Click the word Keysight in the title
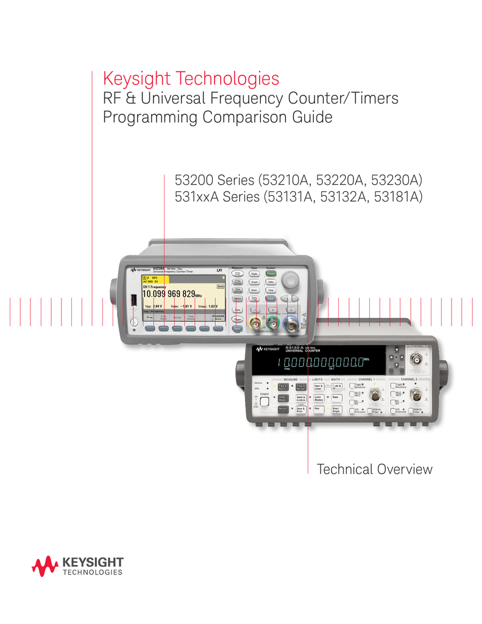point(138,79)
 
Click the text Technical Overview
point(374,469)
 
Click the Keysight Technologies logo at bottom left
point(77,566)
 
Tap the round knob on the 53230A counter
point(291,279)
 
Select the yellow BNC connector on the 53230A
point(259,328)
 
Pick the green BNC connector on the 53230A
point(276,328)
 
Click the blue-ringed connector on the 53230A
point(294,328)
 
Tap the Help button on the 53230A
point(271,291)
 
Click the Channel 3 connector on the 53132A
point(419,358)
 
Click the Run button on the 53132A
point(317,410)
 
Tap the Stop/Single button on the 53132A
point(336,411)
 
